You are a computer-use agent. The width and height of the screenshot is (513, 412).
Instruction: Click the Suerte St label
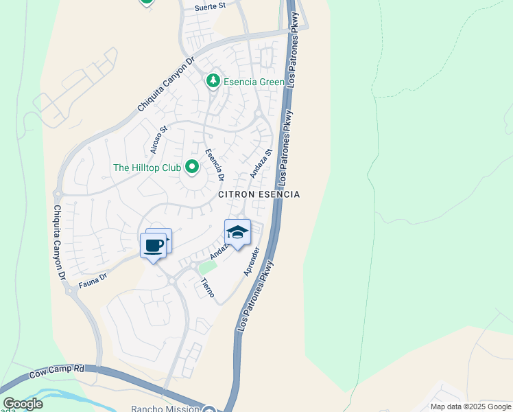pos(210,6)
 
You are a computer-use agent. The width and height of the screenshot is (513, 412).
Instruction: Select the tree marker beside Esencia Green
pos(213,82)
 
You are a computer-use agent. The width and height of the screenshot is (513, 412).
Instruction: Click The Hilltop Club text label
pos(147,168)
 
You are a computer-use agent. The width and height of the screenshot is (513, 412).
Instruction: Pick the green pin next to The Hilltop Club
pos(192,167)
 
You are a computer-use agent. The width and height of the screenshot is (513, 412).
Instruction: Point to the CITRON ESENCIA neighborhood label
pos(259,194)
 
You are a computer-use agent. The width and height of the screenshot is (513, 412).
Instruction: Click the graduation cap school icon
pos(237,233)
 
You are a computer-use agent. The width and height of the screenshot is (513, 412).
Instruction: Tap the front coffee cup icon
pos(152,245)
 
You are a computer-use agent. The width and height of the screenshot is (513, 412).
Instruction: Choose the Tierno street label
pos(207,287)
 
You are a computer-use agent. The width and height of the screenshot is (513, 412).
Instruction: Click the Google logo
pos(23,404)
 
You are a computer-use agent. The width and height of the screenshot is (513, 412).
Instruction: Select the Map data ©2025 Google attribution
pos(470,407)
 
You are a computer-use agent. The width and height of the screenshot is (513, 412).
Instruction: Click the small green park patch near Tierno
pos(204,266)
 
